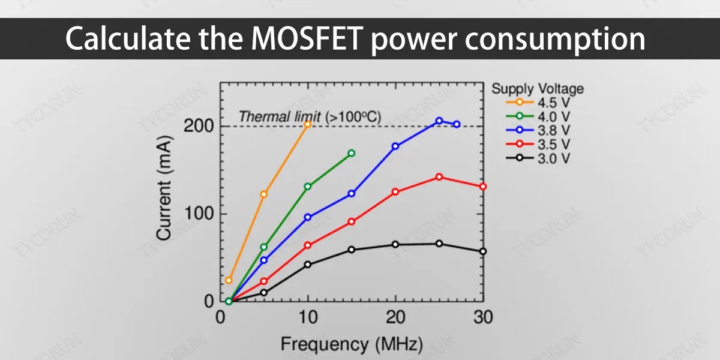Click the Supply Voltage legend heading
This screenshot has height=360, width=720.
coord(538,89)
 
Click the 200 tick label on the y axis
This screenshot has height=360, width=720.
coord(198,127)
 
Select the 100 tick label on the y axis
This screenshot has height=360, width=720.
coord(198,214)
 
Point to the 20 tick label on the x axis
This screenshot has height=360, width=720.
coord(395,317)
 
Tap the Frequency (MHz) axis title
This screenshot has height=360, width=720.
coord(352,344)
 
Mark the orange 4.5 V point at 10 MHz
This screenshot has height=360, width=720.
coord(308,124)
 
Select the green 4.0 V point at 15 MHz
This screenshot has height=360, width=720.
coord(352,153)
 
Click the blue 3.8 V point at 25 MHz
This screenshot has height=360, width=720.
coord(439,121)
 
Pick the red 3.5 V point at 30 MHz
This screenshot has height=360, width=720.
coord(483,187)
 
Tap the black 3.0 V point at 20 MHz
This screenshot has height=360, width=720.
coord(395,244)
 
